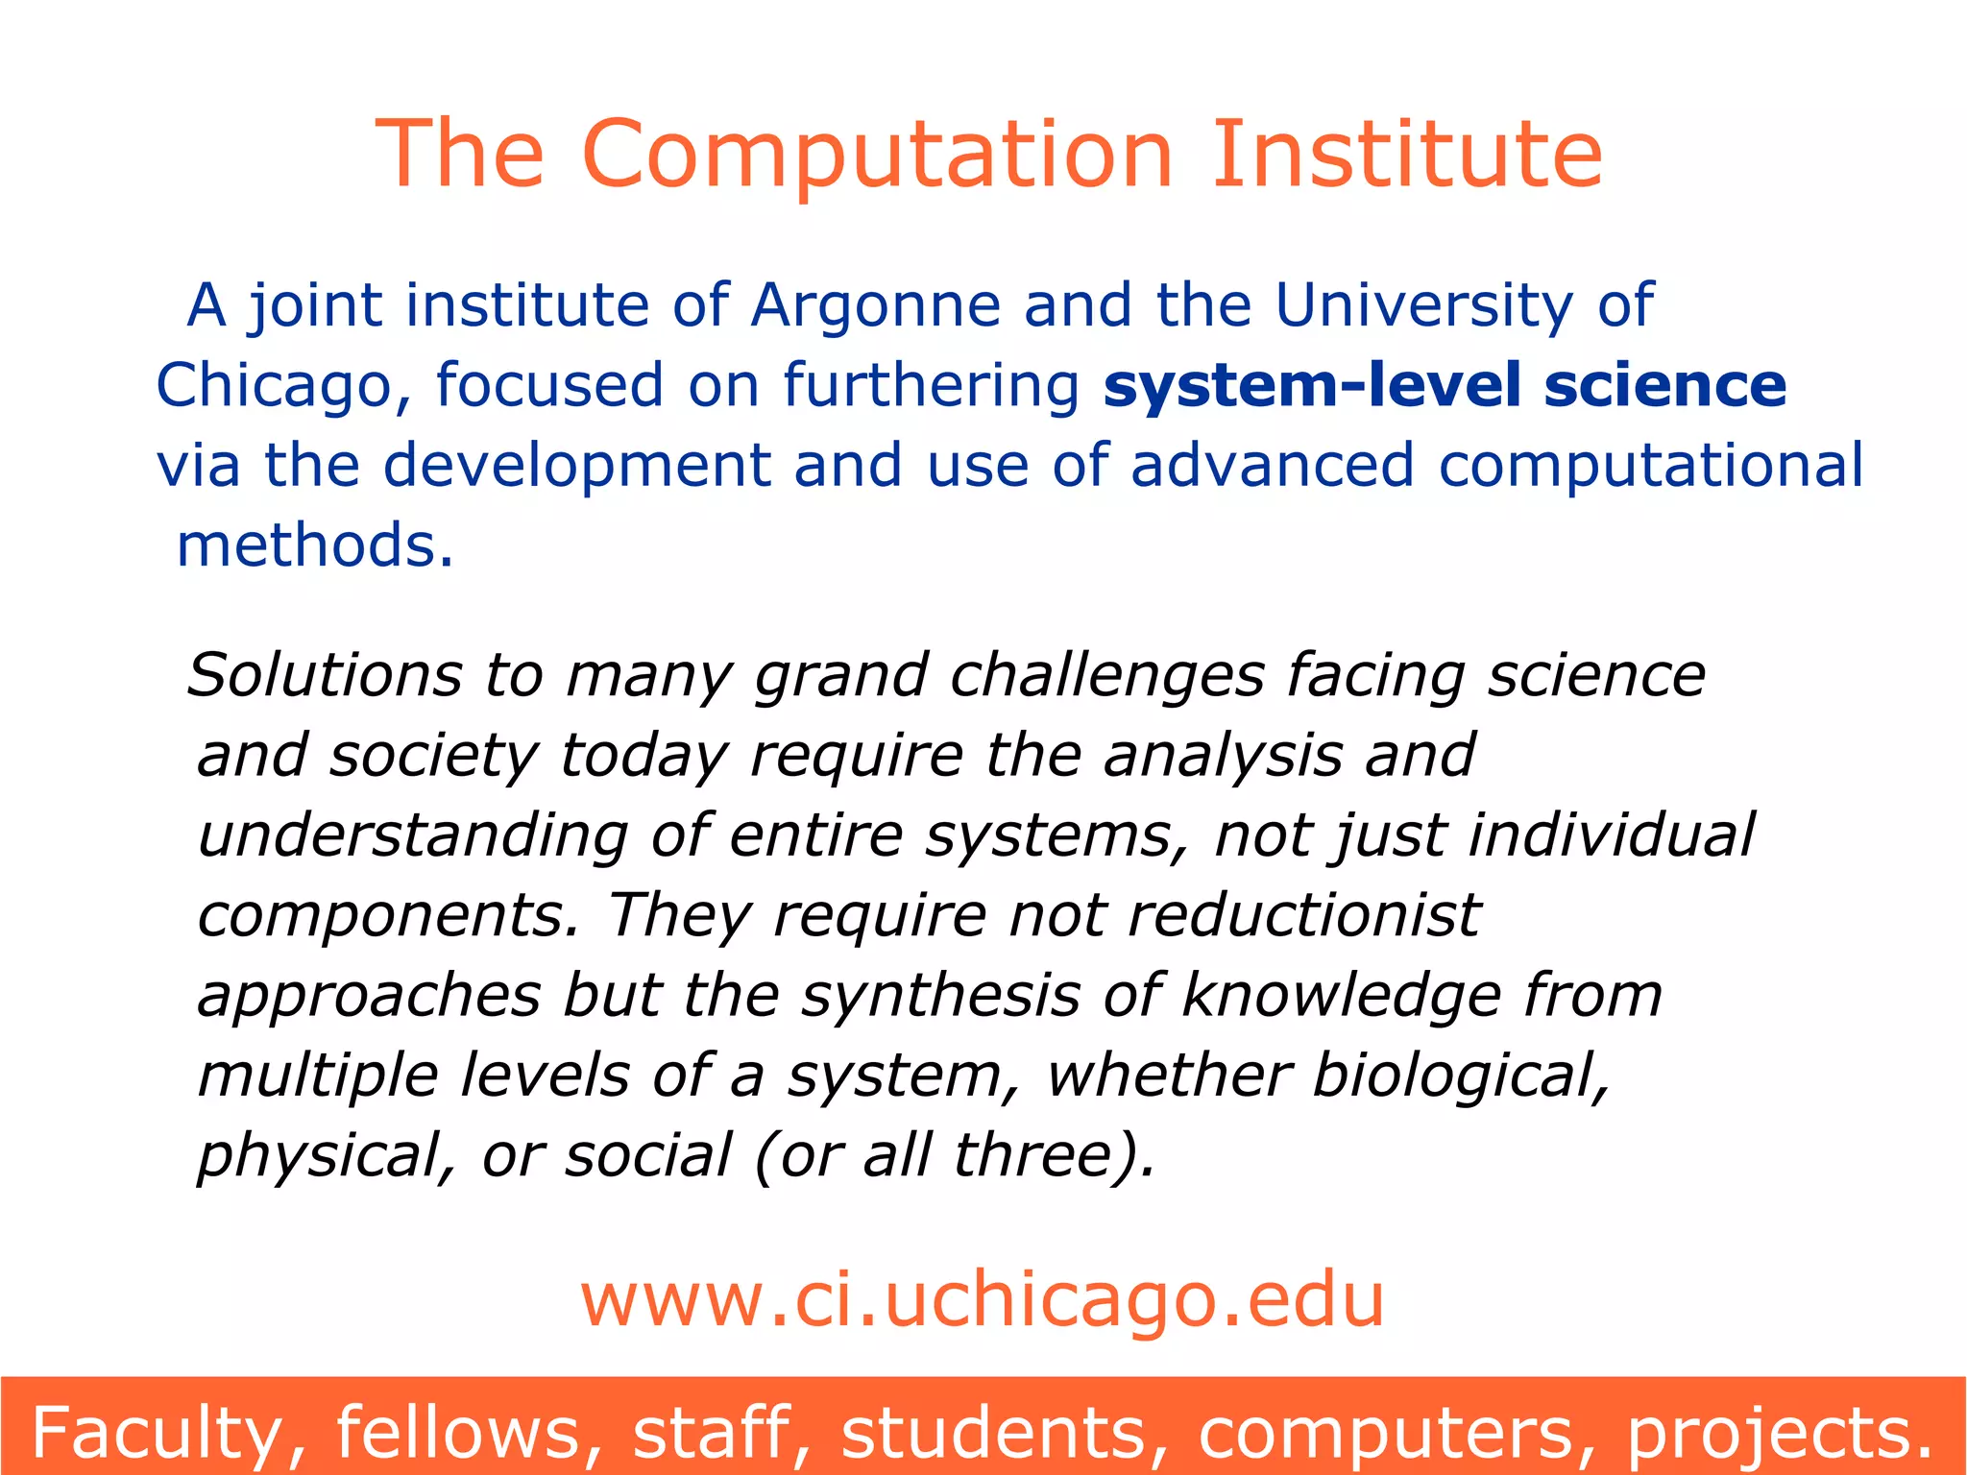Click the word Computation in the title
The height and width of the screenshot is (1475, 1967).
[877, 155]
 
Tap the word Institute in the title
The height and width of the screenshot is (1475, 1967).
[1406, 155]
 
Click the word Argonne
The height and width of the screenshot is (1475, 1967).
[875, 306]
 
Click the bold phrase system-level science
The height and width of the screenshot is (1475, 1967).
[1445, 385]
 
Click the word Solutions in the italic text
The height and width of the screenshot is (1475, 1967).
[324, 675]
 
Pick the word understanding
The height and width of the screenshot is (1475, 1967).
[412, 835]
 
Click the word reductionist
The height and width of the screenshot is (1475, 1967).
[1303, 914]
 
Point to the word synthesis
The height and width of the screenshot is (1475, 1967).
[940, 995]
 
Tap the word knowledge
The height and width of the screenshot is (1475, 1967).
[1341, 995]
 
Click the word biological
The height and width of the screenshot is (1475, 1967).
[1460, 1075]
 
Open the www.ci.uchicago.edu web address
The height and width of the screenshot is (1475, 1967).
[982, 1300]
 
